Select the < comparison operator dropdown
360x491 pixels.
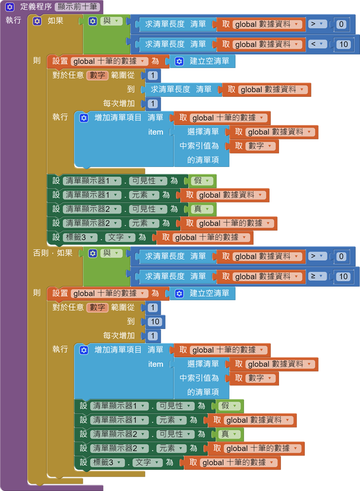[x=317, y=44]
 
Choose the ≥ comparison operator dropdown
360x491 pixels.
[x=317, y=276]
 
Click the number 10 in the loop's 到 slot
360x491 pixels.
[x=156, y=322]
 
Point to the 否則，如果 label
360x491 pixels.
[x=53, y=253]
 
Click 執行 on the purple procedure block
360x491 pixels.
[x=13, y=20]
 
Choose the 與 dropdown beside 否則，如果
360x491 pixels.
[x=110, y=253]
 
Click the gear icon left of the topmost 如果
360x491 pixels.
[x=37, y=21]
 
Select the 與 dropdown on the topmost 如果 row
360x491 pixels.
[x=110, y=21]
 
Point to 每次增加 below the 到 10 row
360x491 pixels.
[x=119, y=336]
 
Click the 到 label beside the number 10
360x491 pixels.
[x=130, y=322]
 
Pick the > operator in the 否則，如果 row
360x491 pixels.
[x=317, y=256]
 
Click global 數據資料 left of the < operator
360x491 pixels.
[x=268, y=44]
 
